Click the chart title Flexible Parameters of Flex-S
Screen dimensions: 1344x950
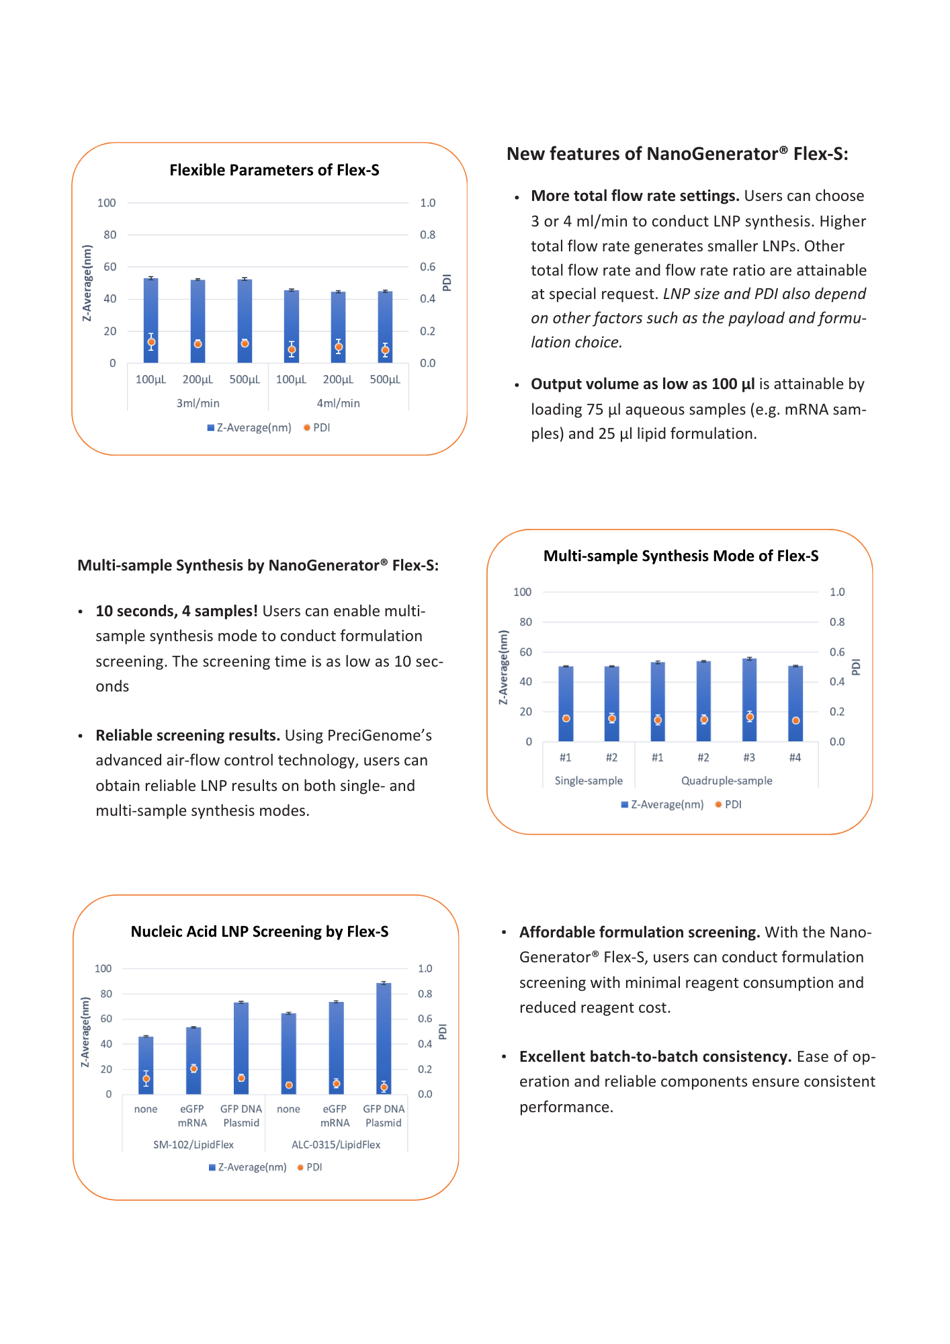point(274,170)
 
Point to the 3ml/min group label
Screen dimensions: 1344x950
point(198,403)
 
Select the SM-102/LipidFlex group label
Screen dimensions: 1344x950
point(193,1144)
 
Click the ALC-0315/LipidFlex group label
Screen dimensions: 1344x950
point(336,1144)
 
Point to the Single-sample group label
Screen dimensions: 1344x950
point(589,781)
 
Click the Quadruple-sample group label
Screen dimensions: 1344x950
point(726,781)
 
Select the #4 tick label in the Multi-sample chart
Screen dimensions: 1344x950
point(795,757)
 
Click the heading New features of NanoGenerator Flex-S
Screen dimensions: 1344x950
point(677,154)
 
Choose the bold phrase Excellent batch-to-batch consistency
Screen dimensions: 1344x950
point(655,1056)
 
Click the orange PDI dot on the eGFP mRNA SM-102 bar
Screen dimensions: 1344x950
point(193,1068)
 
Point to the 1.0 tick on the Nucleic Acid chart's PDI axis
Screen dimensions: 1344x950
point(425,968)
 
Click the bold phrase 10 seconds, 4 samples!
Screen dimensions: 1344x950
point(177,611)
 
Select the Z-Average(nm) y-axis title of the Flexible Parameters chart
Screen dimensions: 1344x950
point(87,283)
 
